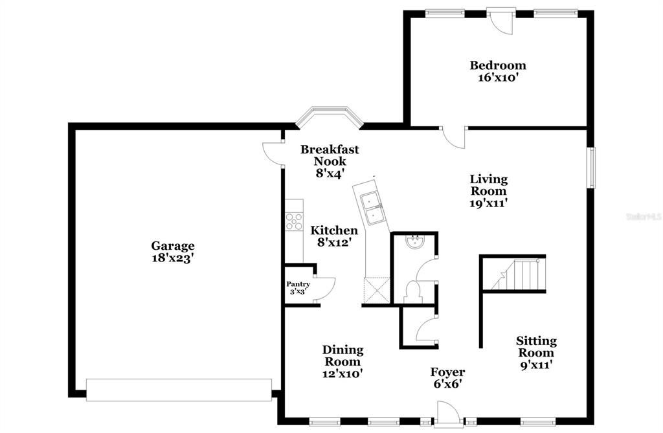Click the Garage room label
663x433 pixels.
tap(173, 246)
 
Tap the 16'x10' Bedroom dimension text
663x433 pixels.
tap(497, 77)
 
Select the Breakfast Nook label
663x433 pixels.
tap(330, 155)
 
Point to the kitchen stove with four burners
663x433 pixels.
tap(294, 221)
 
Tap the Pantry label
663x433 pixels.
tap(298, 284)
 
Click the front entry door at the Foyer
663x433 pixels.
tap(448, 414)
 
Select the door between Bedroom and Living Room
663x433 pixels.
tap(453, 137)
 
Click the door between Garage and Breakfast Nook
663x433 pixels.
tap(273, 154)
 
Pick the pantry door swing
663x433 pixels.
tap(326, 288)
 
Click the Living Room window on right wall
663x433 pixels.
tap(590, 168)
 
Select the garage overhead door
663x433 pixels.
tap(179, 390)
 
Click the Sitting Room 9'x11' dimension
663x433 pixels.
tap(535, 364)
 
